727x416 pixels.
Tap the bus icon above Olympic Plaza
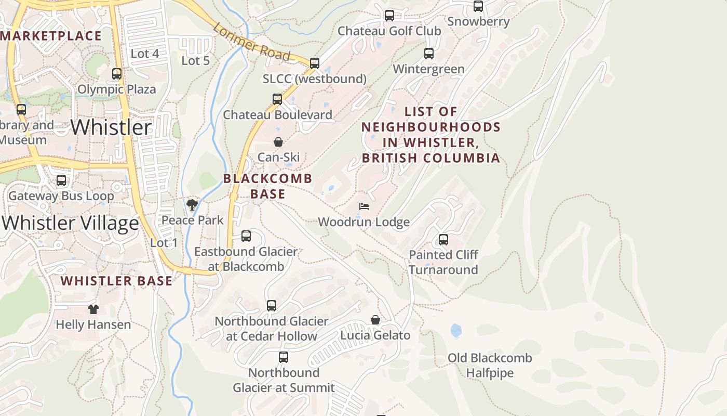117,74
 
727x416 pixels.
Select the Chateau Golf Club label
389,31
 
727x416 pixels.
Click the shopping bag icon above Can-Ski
278,141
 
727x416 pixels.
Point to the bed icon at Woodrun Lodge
364,206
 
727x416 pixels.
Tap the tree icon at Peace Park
192,204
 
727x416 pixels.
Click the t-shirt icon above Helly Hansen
93,309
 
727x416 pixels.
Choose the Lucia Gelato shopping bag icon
375,320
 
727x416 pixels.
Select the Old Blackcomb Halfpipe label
490,366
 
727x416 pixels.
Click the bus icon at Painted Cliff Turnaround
443,240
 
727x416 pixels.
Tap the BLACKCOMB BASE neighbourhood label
268,186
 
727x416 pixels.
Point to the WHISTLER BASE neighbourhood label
116,281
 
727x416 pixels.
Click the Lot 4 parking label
145,54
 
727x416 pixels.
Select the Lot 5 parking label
195,61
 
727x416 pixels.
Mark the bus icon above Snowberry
478,6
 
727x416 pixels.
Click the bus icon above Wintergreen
429,54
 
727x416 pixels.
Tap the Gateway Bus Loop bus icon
61,180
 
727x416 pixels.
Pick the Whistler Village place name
71,223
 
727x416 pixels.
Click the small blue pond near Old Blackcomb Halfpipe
456,330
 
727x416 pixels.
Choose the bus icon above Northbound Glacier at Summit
284,357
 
